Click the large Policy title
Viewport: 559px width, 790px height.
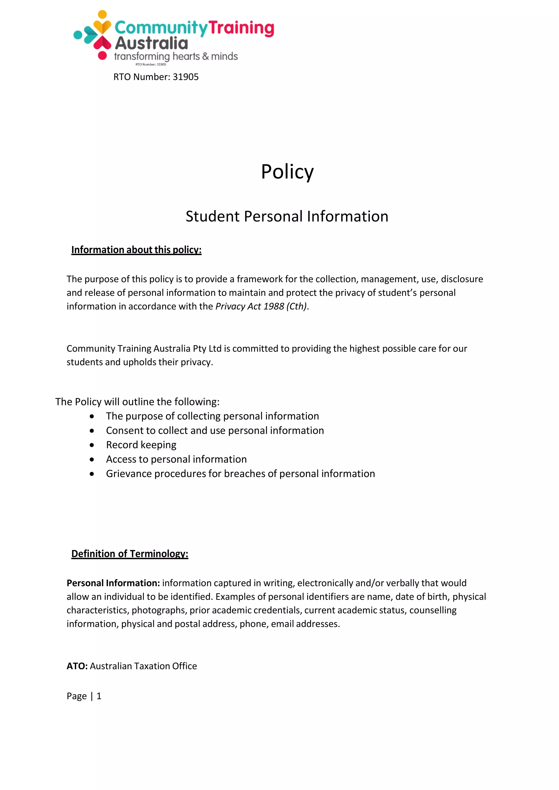287,171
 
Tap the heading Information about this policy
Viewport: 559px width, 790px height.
136,250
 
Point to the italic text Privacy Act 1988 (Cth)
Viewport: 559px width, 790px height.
261,306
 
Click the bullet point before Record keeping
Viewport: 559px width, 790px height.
91,445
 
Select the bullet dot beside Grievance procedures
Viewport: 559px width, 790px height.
91,474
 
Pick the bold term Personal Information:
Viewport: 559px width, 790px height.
113,583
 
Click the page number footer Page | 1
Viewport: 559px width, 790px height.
84,696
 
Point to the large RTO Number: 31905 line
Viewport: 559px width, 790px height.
156,77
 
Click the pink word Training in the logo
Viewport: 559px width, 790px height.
241,28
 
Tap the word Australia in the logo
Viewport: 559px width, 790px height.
151,43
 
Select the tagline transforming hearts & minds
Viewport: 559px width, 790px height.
176,56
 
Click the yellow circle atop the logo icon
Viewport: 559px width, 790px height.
102,14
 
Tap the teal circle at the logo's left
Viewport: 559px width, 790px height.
78,34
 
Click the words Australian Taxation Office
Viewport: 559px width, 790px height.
144,666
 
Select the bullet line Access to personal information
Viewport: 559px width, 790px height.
176,459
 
